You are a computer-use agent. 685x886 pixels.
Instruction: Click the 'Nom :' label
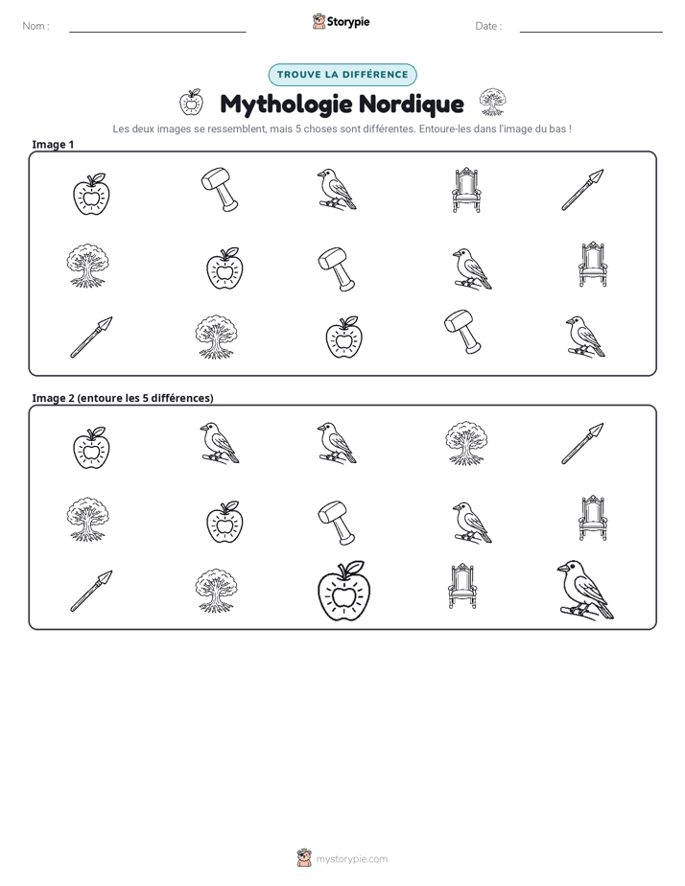[35, 26]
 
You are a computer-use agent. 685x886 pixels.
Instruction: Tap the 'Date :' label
[488, 26]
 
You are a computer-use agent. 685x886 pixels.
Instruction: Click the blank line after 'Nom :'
[157, 32]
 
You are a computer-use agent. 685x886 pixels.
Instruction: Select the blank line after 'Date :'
[591, 32]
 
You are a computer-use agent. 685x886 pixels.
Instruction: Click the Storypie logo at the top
[341, 21]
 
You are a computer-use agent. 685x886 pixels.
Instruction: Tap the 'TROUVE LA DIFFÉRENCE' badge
[342, 75]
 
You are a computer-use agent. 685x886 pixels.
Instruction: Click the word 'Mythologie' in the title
[286, 105]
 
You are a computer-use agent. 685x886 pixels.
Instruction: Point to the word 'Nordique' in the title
[412, 104]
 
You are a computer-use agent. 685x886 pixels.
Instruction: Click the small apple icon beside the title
[191, 103]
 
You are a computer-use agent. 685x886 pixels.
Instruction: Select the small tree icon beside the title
[493, 102]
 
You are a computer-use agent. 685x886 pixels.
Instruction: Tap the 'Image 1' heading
[53, 144]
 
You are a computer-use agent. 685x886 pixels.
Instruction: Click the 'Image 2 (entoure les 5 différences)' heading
[123, 398]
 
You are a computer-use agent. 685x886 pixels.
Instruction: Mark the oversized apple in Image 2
[343, 591]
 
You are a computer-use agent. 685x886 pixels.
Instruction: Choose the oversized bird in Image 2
[585, 590]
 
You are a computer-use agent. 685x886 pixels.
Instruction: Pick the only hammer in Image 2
[337, 522]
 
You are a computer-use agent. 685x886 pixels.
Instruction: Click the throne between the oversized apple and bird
[462, 586]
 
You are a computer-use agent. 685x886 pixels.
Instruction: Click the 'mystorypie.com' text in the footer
[351, 859]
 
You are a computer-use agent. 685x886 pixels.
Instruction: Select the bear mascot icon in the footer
[304, 858]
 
